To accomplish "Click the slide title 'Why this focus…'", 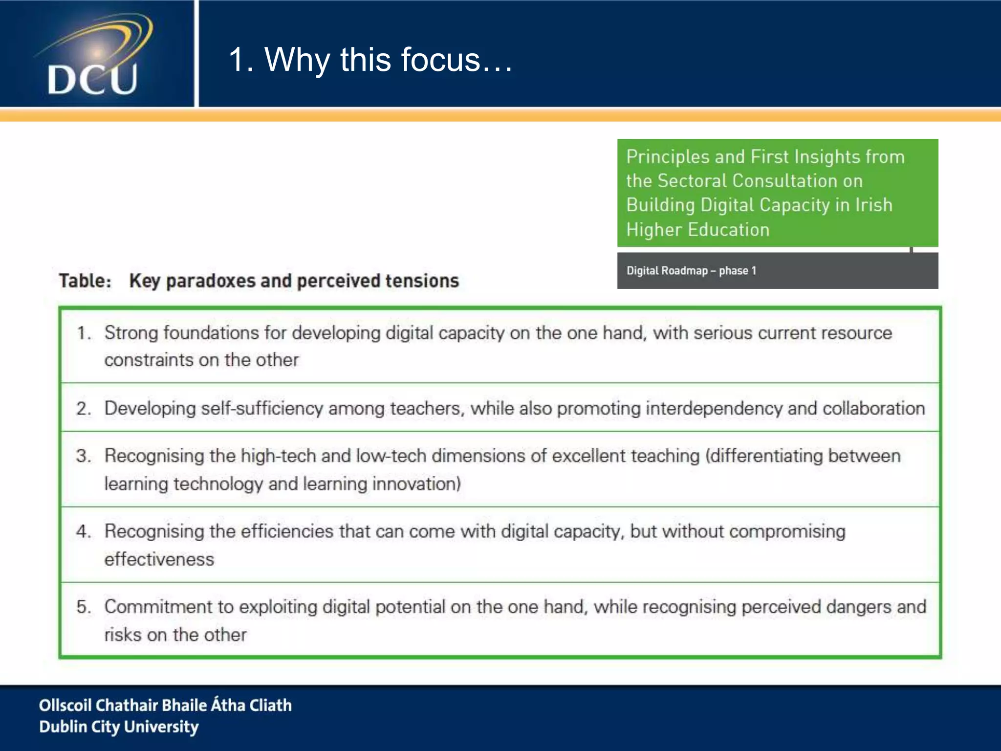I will [x=370, y=60].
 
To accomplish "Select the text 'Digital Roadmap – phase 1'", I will [x=691, y=270].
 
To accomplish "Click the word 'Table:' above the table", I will [x=86, y=281].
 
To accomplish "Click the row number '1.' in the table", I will [x=84, y=333].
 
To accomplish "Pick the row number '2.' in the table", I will [x=84, y=409].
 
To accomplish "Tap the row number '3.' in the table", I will [x=84, y=456].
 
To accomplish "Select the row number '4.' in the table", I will [x=84, y=531].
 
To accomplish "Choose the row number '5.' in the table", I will [x=84, y=607].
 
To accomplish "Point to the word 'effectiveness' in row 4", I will [x=159, y=559].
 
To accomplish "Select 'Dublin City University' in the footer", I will [x=119, y=727].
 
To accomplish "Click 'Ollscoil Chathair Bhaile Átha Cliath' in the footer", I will [x=165, y=705].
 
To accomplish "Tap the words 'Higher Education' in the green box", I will [x=697, y=230].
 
